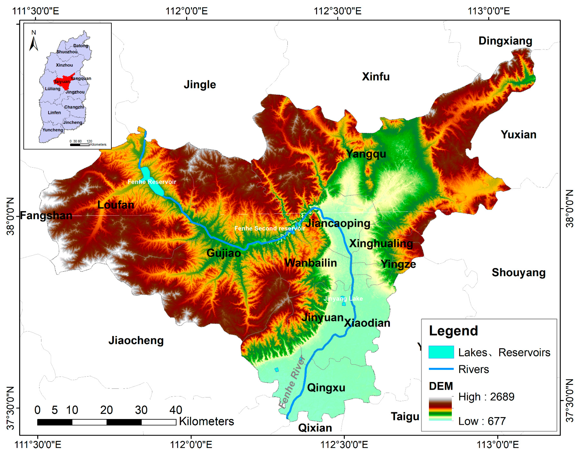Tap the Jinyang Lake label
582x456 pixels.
[343, 298]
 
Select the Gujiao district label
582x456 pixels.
[224, 253]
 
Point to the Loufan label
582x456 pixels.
[116, 205]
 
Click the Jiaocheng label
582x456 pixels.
[136, 340]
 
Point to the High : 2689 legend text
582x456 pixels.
[486, 397]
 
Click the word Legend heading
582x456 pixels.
[453, 331]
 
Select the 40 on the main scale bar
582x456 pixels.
[176, 410]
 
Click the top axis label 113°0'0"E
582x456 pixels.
[488, 11]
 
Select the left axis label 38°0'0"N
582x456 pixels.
[10, 216]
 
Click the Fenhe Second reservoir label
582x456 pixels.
[269, 228]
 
